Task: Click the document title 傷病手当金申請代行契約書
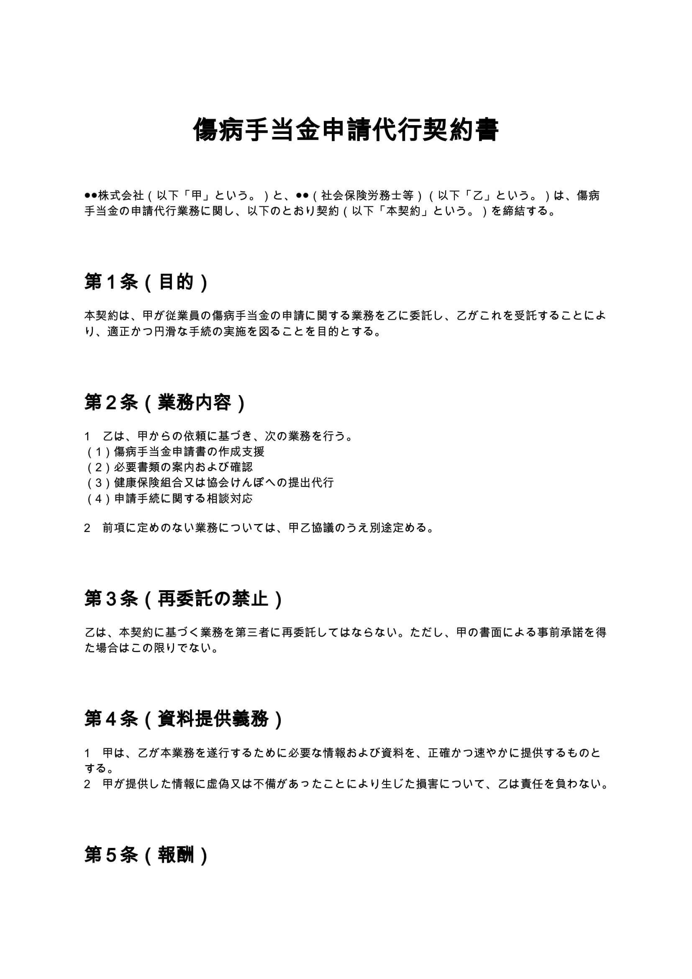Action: pos(346,130)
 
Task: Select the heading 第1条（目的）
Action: pos(146,282)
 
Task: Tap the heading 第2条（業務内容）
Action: pos(165,403)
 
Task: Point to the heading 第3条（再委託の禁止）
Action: pos(184,599)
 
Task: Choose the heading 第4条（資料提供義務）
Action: pos(184,719)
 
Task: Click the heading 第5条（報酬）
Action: pos(146,855)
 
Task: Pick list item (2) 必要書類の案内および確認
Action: pos(169,467)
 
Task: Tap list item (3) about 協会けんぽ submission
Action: pos(210,483)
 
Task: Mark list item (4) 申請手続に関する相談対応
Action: pos(169,498)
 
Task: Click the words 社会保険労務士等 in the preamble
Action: pos(367,196)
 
